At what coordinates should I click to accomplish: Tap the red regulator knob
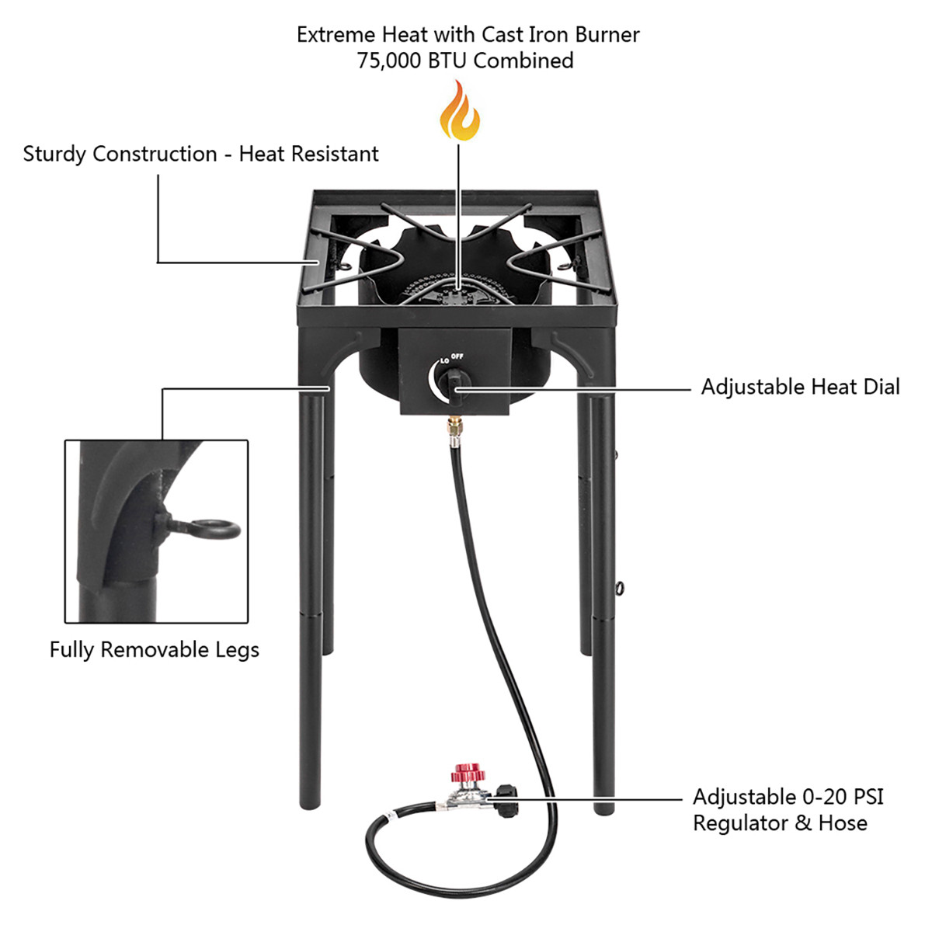[468, 774]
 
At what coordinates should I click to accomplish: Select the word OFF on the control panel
[457, 356]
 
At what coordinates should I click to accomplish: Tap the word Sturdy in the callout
[54, 154]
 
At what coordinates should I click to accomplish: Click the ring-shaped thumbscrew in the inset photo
[214, 530]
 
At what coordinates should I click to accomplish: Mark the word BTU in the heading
[448, 61]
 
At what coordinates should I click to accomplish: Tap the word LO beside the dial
[444, 360]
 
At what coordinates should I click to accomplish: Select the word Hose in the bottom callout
[843, 823]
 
